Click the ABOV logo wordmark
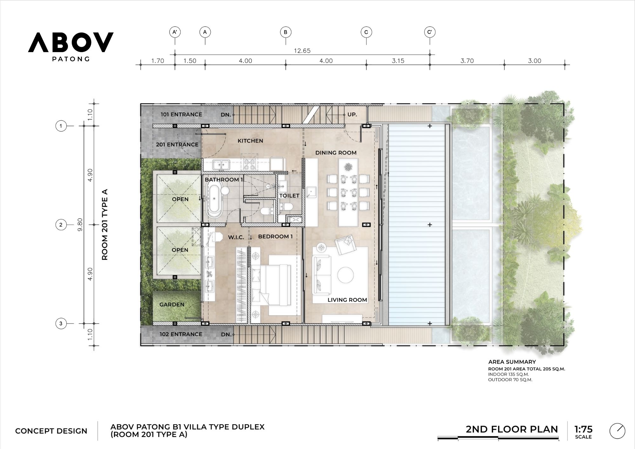click(70, 42)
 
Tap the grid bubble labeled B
click(285, 32)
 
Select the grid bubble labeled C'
click(430, 32)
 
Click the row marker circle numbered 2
click(61, 225)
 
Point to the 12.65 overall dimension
click(302, 51)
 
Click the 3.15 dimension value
click(398, 61)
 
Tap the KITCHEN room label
click(250, 141)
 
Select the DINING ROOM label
click(336, 153)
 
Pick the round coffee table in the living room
click(345, 275)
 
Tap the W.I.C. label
click(236, 237)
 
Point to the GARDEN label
click(172, 305)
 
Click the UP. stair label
click(352, 114)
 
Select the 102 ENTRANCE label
click(181, 334)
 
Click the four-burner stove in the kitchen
click(249, 164)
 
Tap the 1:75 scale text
click(583, 429)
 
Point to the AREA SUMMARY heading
click(512, 362)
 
